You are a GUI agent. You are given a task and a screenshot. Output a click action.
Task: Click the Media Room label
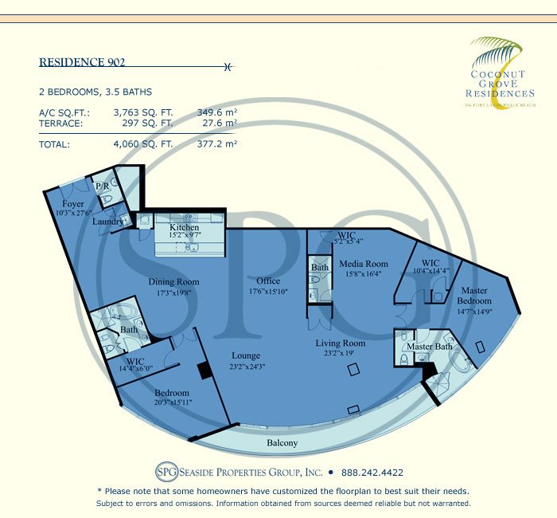[x=364, y=264]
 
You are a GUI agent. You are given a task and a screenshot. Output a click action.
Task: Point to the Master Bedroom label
[x=474, y=296]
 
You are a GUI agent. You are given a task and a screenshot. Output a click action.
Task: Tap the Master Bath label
[x=430, y=347]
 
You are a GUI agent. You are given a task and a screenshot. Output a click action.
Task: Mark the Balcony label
[x=282, y=443]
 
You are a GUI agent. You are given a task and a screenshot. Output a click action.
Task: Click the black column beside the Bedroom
[x=204, y=370]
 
